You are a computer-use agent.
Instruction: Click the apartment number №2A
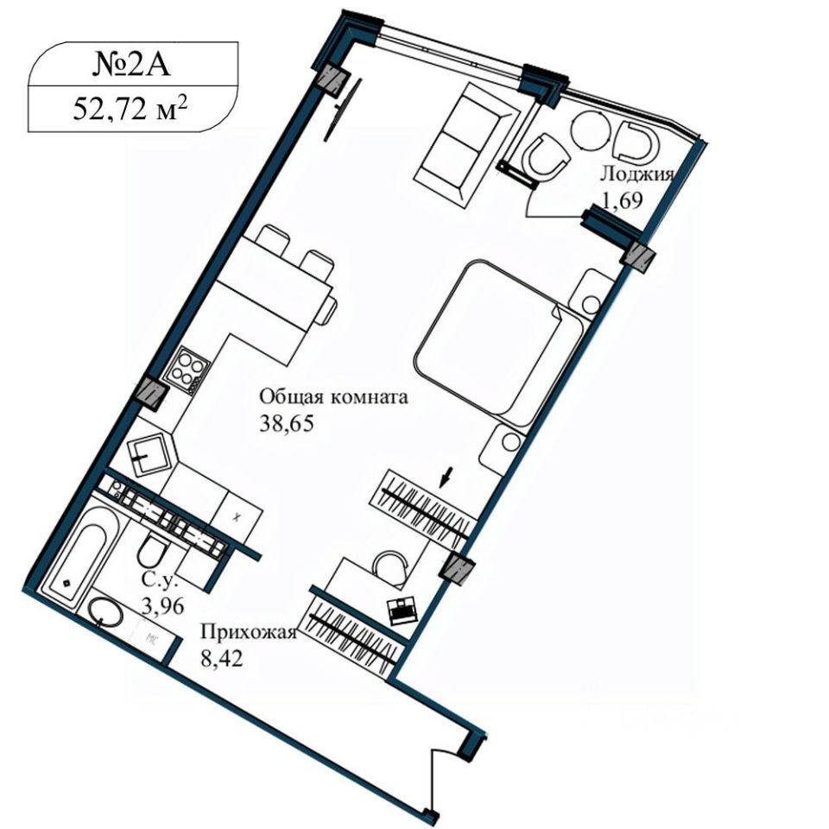click(x=131, y=66)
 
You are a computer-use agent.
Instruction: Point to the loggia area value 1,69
click(x=622, y=200)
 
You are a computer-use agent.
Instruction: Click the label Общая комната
click(x=333, y=396)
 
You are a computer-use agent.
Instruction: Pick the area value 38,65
click(x=287, y=423)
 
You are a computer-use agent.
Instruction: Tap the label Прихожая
click(x=249, y=632)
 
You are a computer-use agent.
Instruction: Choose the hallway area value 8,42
click(x=222, y=658)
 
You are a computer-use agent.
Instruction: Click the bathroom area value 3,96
click(x=163, y=606)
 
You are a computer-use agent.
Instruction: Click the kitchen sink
click(x=150, y=454)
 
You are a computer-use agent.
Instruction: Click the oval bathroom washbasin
click(x=105, y=613)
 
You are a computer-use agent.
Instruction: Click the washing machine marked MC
click(x=155, y=638)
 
